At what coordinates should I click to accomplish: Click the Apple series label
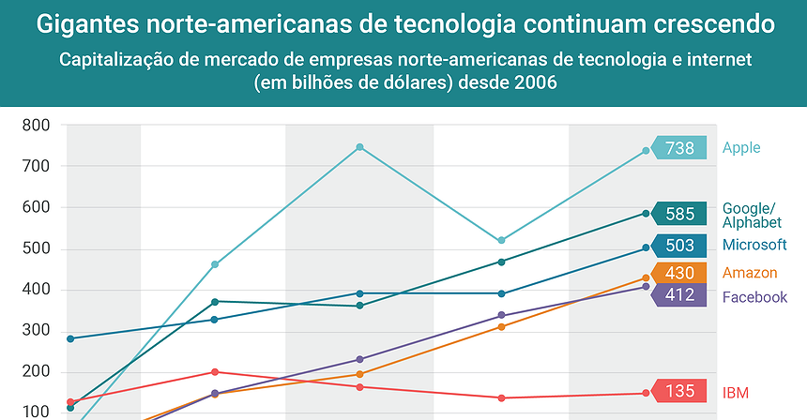(741, 148)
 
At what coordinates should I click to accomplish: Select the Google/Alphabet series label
(751, 216)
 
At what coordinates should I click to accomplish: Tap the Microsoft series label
(754, 246)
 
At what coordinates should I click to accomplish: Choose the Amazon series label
(750, 273)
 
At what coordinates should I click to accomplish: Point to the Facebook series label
(754, 298)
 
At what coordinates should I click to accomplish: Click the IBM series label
(736, 392)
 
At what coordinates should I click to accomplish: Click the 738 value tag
(678, 148)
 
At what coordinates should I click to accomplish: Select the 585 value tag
(678, 214)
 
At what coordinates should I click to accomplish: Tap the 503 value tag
(678, 247)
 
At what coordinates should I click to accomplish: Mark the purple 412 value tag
(678, 294)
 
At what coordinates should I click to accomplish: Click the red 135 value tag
(678, 392)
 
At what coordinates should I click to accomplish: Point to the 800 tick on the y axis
(36, 126)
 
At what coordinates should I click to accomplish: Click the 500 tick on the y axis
(36, 248)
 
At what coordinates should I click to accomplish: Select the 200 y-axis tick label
(36, 372)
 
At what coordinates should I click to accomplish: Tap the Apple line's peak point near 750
(359, 147)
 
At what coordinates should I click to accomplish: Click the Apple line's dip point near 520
(501, 241)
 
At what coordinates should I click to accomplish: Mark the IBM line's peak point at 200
(215, 372)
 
